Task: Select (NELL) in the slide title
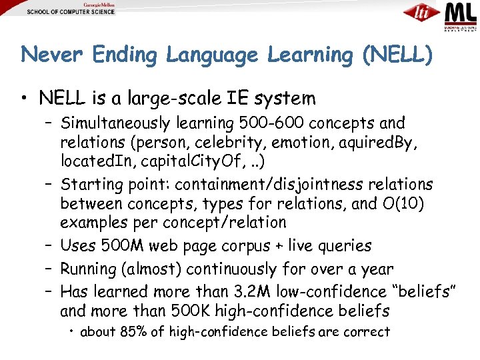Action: [397, 55]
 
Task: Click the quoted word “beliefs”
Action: [429, 292]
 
